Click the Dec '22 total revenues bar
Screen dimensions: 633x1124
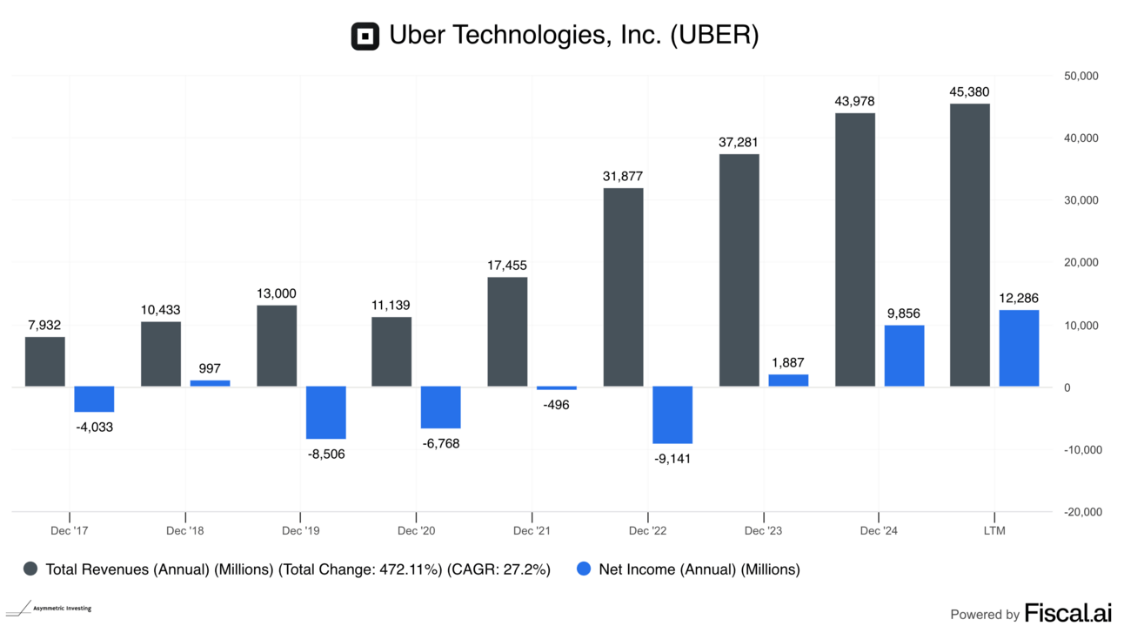tap(623, 286)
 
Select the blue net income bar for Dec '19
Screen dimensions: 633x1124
tap(326, 412)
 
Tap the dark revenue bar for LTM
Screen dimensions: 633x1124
tap(969, 245)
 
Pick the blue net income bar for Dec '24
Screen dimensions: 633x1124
tap(904, 355)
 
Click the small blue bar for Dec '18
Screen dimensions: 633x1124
tap(210, 383)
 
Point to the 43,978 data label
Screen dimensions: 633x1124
tap(854, 101)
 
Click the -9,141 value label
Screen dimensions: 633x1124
tap(672, 458)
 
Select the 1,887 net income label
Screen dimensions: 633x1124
tap(788, 362)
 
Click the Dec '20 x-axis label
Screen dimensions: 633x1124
tap(416, 530)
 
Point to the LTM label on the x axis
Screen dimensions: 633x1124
tap(994, 530)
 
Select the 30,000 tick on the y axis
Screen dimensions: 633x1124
tap(1082, 200)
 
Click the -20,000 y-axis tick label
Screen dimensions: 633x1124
tap(1081, 512)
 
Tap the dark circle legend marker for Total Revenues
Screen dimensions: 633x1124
tap(30, 569)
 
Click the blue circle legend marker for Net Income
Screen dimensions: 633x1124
tap(584, 569)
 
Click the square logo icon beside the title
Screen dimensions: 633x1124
tap(365, 37)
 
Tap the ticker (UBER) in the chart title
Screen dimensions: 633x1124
tap(714, 36)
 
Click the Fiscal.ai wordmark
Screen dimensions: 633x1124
tap(1068, 612)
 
